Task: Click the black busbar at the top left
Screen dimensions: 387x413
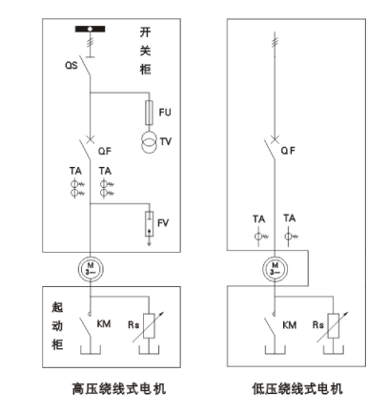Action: pyautogui.click(x=90, y=30)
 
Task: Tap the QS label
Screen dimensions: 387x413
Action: pyautogui.click(x=71, y=65)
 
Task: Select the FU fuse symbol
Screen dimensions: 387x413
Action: pyautogui.click(x=149, y=113)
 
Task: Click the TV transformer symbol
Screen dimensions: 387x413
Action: pyautogui.click(x=149, y=142)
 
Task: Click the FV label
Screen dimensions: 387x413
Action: pyautogui.click(x=163, y=223)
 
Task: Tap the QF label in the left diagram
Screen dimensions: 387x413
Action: pyautogui.click(x=105, y=151)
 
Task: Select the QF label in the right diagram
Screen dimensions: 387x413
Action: pyautogui.click(x=288, y=151)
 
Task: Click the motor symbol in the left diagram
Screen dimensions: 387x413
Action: pyautogui.click(x=91, y=269)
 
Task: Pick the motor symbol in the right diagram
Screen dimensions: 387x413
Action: pyautogui.click(x=275, y=269)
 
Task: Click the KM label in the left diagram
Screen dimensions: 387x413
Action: pyautogui.click(x=104, y=324)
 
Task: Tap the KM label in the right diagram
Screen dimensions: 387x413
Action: pyautogui.click(x=289, y=325)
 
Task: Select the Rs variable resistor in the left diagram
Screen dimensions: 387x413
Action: pyautogui.click(x=149, y=326)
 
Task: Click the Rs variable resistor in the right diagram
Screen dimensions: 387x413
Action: pyautogui.click(x=333, y=326)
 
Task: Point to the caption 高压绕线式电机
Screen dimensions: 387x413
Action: pyautogui.click(x=119, y=389)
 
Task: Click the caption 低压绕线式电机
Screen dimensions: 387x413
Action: pyautogui.click(x=297, y=389)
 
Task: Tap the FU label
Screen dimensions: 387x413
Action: pyautogui.click(x=165, y=113)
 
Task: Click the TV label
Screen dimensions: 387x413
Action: pyautogui.click(x=166, y=141)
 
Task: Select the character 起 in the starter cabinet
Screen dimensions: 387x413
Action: pyautogui.click(x=57, y=307)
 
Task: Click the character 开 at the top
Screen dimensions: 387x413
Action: pyautogui.click(x=145, y=32)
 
